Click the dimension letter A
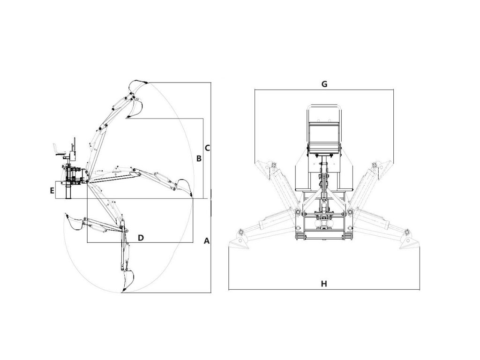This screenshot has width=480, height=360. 207,241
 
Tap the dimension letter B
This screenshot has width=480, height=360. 199,159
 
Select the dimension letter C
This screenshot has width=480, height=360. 207,147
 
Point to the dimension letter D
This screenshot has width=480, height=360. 141,238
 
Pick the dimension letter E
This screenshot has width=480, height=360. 52,190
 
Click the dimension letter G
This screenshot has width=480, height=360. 324,84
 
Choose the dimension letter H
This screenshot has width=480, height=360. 323,284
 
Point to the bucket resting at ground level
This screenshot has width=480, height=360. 184,187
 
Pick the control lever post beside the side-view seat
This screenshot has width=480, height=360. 73,148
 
